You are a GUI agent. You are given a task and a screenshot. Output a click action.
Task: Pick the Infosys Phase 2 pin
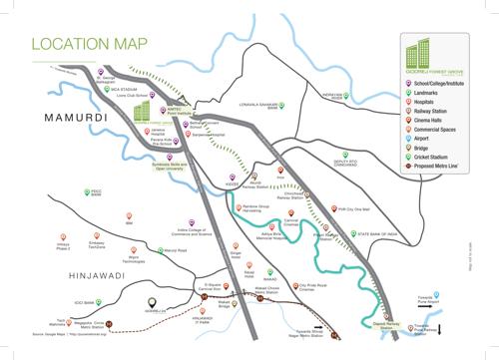coord(62,236)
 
